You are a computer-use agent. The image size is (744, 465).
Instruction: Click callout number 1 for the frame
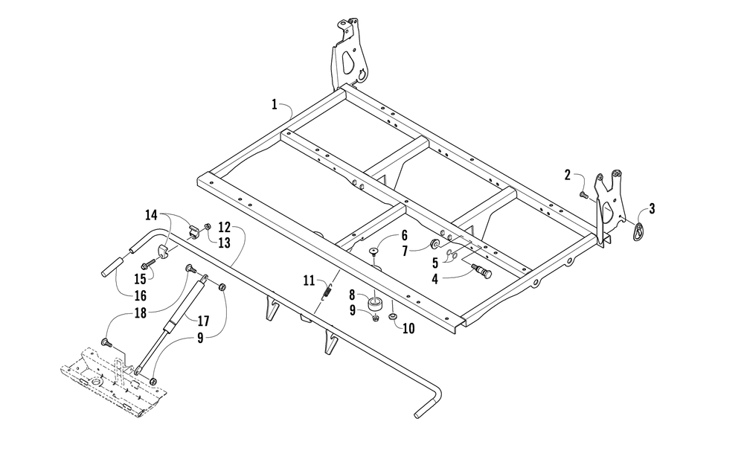(275, 106)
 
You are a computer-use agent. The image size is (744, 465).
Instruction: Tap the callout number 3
(652, 209)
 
